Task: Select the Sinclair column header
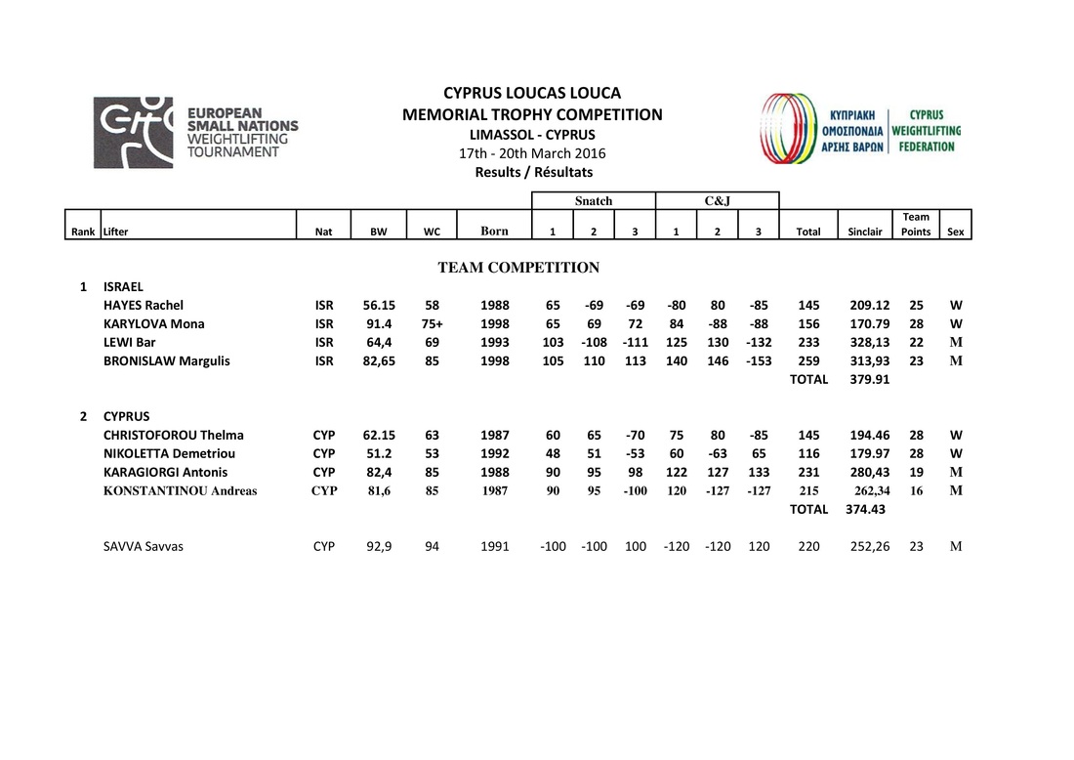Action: [x=864, y=232]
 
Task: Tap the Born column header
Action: [x=494, y=232]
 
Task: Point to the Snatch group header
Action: [x=594, y=201]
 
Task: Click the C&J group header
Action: [x=717, y=201]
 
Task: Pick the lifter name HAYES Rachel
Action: [x=144, y=306]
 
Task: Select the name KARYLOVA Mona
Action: [x=154, y=324]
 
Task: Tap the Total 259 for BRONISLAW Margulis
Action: [x=808, y=361]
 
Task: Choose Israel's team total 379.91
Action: [x=865, y=380]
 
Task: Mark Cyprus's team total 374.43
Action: [x=865, y=509]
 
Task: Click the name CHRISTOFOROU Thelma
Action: [x=174, y=435]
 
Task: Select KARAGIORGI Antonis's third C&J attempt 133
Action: [x=759, y=472]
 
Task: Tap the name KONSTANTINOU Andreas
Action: [x=181, y=490]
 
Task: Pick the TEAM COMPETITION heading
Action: [x=518, y=268]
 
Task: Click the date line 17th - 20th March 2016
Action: [x=532, y=153]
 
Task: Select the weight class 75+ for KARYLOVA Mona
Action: [x=433, y=324]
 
